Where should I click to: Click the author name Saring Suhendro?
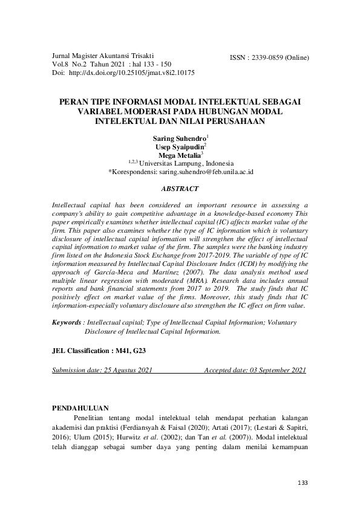pos(179,139)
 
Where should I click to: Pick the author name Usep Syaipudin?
pos(179,148)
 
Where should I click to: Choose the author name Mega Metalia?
pos(179,155)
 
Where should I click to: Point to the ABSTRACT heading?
pos(180,188)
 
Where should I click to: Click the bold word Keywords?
pos(67,323)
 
